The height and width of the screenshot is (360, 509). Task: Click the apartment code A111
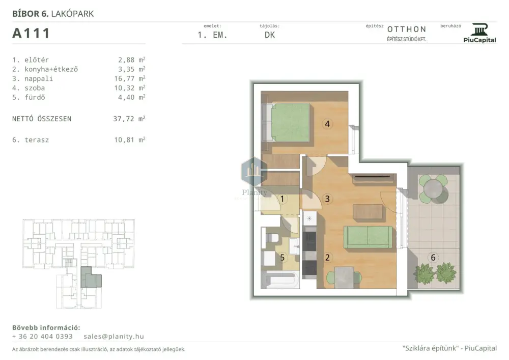[x=31, y=33]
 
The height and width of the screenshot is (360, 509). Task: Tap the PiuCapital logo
[x=479, y=33]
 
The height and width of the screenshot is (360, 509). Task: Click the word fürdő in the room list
[x=35, y=97]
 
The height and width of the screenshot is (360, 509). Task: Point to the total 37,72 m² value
[x=129, y=119]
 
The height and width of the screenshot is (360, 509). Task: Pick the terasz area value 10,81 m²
[x=129, y=140]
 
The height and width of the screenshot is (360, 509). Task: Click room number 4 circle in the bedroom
[x=327, y=124]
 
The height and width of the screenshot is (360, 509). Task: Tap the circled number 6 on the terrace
[x=433, y=258]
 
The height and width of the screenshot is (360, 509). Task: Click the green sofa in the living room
[x=368, y=237]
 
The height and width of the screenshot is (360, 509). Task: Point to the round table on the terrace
[x=433, y=187]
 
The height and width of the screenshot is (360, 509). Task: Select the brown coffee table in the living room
[x=367, y=211]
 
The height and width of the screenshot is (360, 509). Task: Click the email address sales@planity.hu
[x=114, y=337]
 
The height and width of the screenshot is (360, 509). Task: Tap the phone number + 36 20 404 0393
[x=42, y=337]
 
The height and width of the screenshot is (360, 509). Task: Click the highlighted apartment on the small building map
[x=90, y=278]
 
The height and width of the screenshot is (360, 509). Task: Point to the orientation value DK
[x=270, y=35]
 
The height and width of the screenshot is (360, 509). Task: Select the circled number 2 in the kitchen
[x=327, y=258]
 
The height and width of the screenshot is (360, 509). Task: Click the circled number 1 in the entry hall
[x=282, y=199]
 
